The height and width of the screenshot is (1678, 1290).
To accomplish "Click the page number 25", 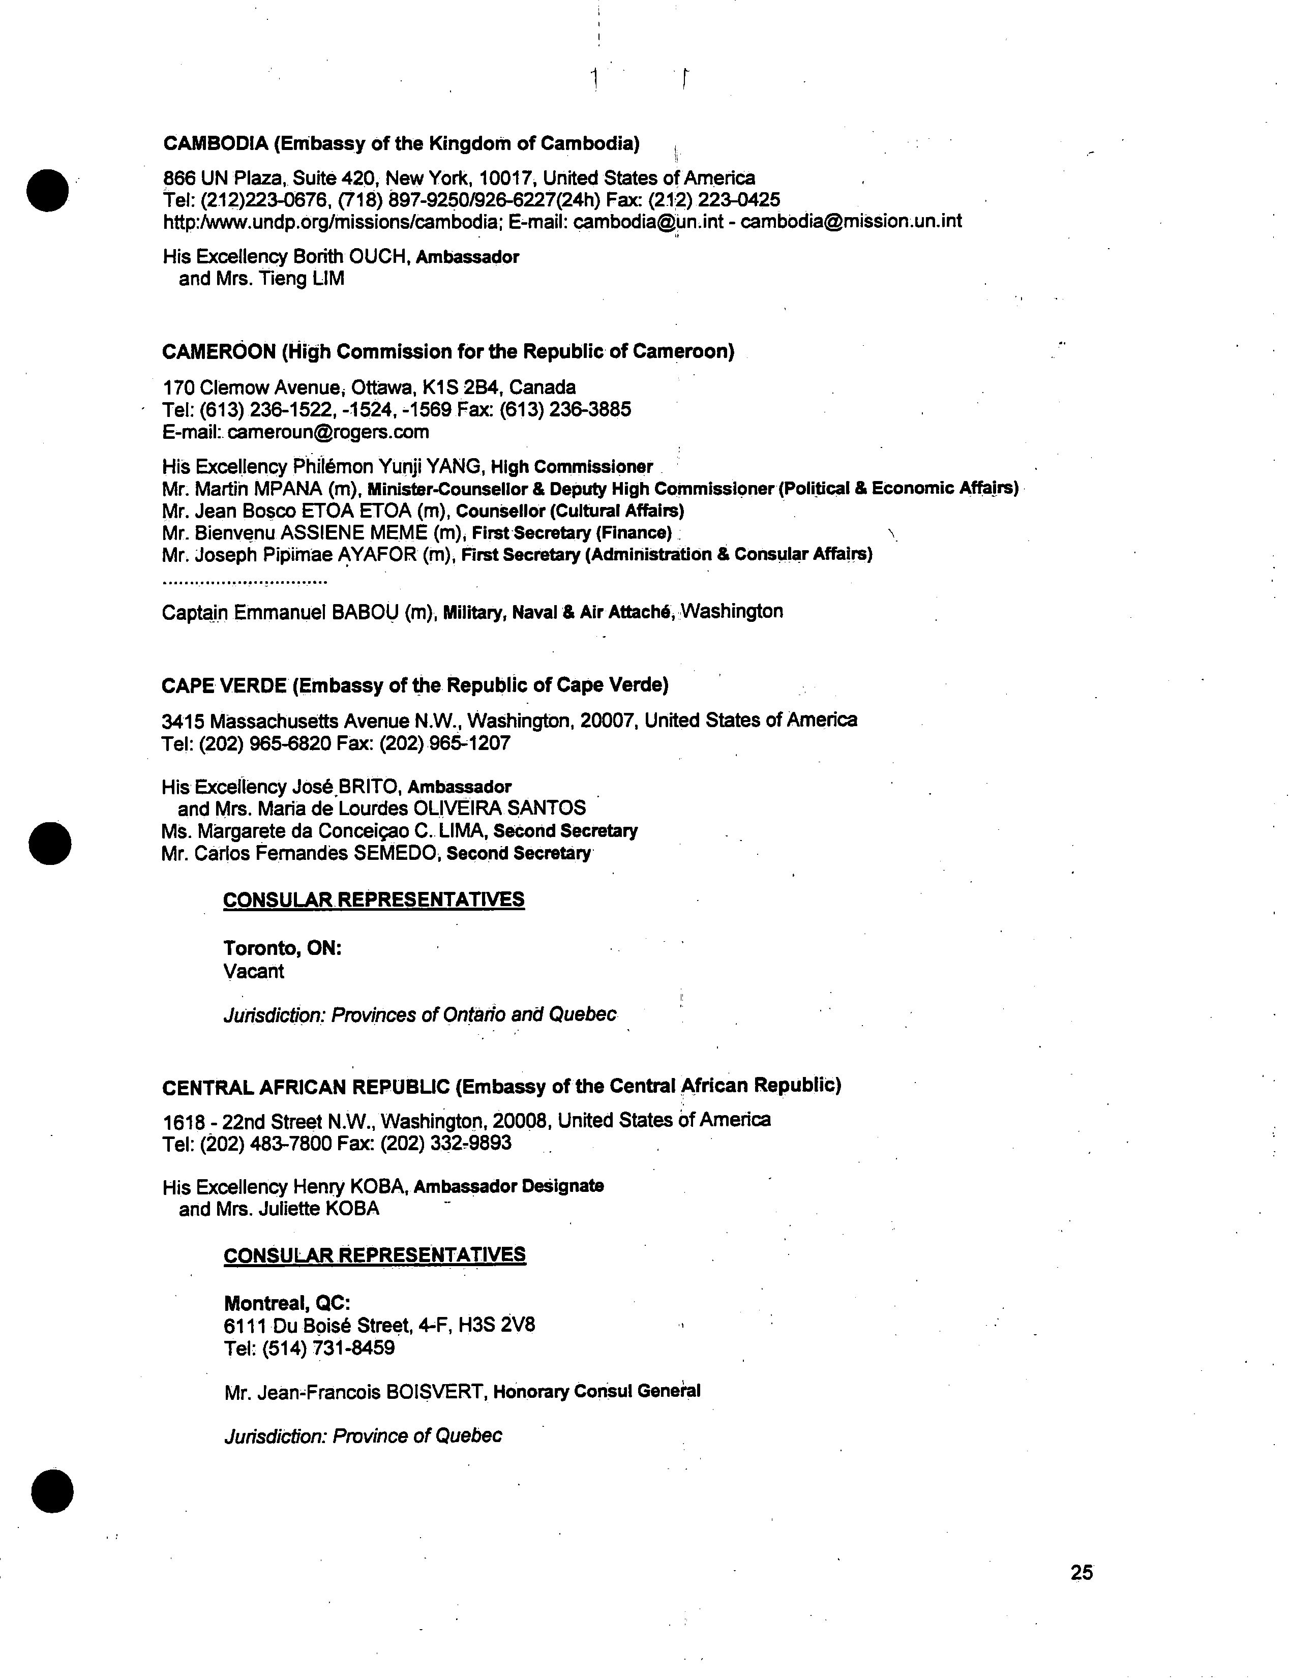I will [x=1081, y=1572].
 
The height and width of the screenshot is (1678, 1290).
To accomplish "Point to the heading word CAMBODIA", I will [x=216, y=143].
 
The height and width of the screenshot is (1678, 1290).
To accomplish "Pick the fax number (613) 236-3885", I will [x=565, y=409].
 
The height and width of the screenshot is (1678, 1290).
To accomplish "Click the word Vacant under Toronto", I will [x=253, y=972].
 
